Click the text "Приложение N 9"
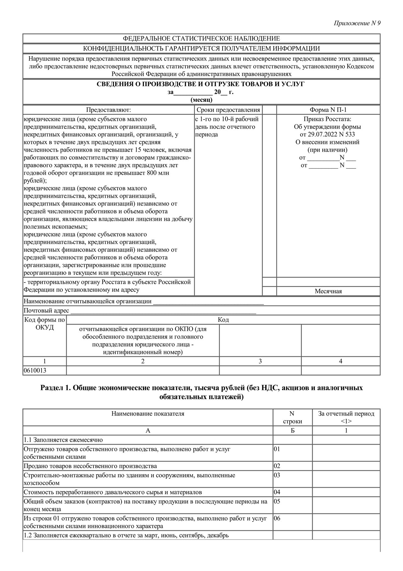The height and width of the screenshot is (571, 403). click(x=357, y=23)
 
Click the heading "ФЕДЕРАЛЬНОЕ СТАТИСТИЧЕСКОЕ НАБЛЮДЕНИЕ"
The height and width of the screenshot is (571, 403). click(x=201, y=38)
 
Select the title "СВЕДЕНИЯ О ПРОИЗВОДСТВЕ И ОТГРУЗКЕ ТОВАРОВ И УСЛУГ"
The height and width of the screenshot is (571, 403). click(x=201, y=84)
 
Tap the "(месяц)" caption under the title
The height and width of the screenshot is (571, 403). click(x=201, y=100)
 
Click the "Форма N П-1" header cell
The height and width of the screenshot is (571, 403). click(x=328, y=110)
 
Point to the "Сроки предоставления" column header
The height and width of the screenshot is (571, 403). click(x=228, y=110)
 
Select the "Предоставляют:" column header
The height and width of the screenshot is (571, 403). click(x=109, y=110)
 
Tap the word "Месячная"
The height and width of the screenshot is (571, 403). click(x=328, y=291)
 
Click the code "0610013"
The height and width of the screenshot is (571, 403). click(x=35, y=370)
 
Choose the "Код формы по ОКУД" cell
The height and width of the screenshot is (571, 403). click(x=45, y=323)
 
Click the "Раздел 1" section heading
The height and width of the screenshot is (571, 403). click(x=201, y=392)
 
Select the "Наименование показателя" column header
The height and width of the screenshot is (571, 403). click(x=148, y=414)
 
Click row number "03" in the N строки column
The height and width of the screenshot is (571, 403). click(x=277, y=475)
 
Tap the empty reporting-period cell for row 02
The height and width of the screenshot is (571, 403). click(x=346, y=466)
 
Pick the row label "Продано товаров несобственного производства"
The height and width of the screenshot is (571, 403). click(x=90, y=466)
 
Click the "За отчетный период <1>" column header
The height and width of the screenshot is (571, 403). click(x=346, y=417)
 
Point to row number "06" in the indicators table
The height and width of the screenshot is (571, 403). click(x=277, y=518)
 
